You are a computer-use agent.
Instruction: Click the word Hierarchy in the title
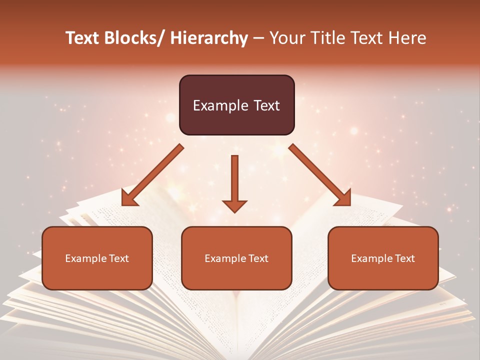click(x=209, y=38)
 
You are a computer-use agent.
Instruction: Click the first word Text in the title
click(x=83, y=38)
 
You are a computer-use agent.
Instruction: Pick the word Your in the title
click(x=285, y=38)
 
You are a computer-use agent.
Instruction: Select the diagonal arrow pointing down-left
click(x=152, y=175)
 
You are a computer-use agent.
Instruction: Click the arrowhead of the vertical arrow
click(x=234, y=206)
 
